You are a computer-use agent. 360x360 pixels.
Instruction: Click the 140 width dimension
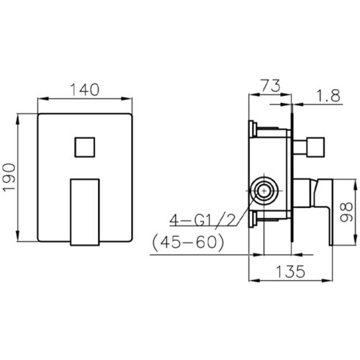84,90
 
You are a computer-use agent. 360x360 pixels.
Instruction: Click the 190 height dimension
9,177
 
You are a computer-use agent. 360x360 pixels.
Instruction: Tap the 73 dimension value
270,86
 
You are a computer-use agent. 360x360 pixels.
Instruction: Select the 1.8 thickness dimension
328,96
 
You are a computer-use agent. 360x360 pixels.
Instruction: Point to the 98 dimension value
346,212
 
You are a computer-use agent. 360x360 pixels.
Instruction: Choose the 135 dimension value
290,271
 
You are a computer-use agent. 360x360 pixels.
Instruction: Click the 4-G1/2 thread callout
202,220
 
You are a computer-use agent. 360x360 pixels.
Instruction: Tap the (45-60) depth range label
188,242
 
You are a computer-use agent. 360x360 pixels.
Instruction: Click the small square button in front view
85,148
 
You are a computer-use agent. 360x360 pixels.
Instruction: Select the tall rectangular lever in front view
85,212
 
